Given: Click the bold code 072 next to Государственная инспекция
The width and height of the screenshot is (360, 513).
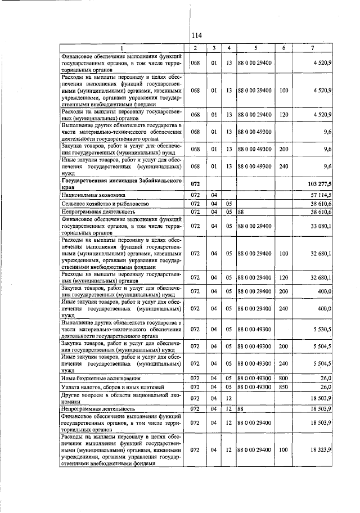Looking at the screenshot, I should pos(195,184).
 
